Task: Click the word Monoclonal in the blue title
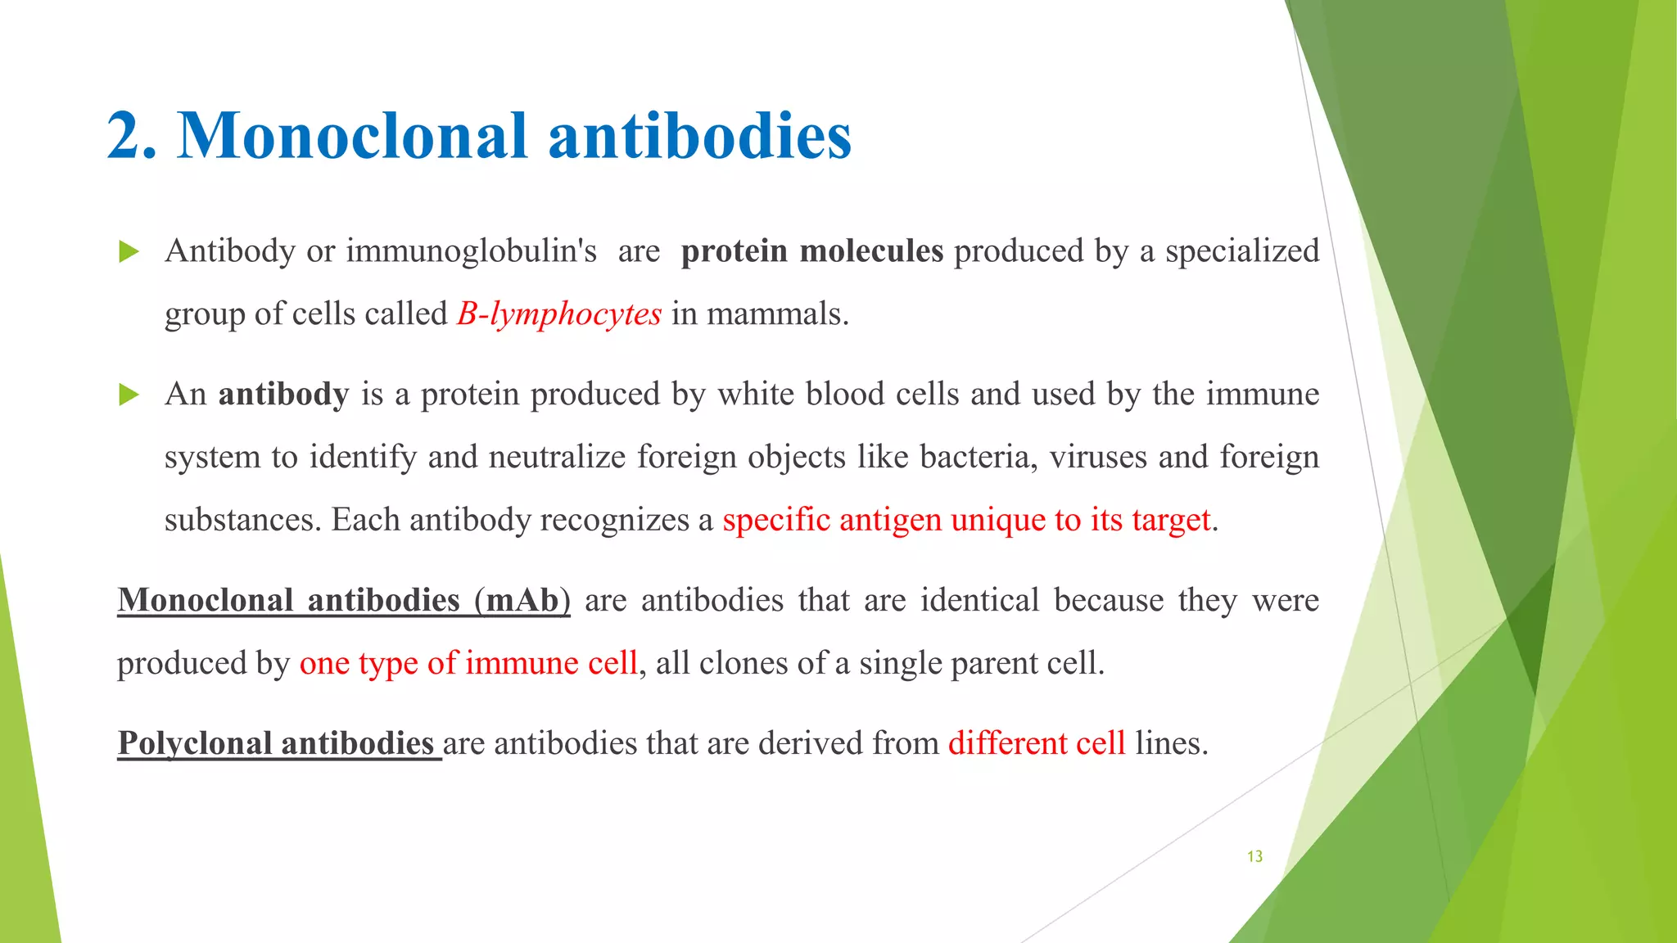pyautogui.click(x=353, y=135)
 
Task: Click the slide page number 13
pyautogui.click(x=1254, y=856)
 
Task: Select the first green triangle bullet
pyautogui.click(x=129, y=251)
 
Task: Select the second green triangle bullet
pyautogui.click(x=129, y=395)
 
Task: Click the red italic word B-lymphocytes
pyautogui.click(x=559, y=314)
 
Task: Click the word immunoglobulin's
pyautogui.click(x=472, y=251)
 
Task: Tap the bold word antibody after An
pyautogui.click(x=283, y=395)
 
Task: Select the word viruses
pyautogui.click(x=1098, y=457)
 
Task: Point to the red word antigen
pyautogui.click(x=890, y=520)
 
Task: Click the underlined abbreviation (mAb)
pyautogui.click(x=522, y=601)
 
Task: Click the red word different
pyautogui.click(x=1008, y=743)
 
